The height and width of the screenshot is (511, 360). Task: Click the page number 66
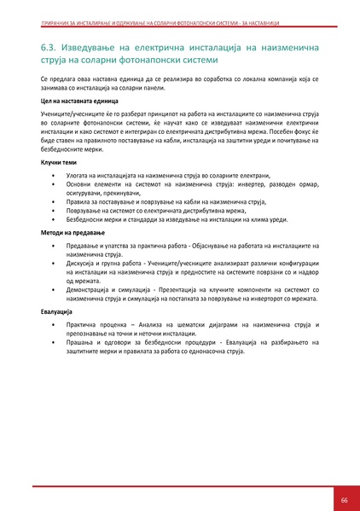[344, 499]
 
